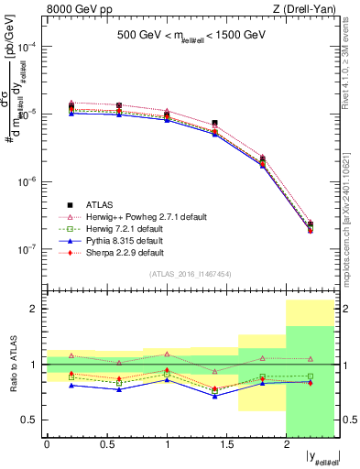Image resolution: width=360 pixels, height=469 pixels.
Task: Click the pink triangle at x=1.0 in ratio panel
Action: click(167, 354)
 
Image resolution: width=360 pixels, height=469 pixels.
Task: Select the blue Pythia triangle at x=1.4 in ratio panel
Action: click(214, 397)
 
